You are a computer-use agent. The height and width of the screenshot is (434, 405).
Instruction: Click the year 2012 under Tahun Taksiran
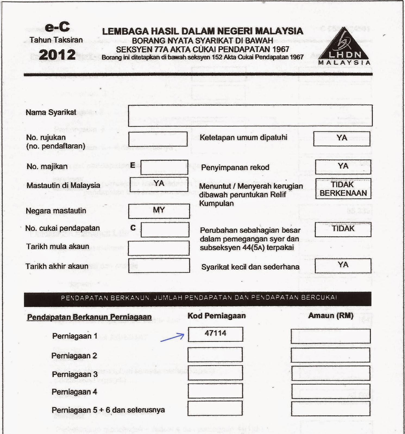57,55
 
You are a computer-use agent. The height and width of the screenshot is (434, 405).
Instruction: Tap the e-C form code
57,27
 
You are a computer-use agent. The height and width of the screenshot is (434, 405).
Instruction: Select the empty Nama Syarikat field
250,116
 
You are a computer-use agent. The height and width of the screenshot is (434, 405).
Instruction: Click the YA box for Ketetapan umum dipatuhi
342,139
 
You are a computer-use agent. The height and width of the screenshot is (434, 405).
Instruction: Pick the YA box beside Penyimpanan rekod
343,166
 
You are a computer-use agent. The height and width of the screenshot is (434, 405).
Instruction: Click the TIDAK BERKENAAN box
343,189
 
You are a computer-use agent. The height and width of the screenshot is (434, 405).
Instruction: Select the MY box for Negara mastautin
159,211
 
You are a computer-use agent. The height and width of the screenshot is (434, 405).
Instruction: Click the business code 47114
215,334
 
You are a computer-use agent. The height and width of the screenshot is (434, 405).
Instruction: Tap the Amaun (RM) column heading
331,315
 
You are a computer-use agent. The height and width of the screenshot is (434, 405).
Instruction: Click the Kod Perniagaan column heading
216,316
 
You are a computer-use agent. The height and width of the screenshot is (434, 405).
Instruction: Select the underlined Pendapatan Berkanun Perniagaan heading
89,317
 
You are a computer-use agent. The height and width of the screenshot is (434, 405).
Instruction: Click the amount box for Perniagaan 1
330,336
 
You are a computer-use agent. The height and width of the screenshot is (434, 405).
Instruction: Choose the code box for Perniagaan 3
215,373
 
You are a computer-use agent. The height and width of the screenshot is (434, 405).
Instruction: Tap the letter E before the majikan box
133,165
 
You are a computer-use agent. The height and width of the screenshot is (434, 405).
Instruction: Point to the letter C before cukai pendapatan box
133,228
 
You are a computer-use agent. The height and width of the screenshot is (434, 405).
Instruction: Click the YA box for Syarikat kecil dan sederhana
343,266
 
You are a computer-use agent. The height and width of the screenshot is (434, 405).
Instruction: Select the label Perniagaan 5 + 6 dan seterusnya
108,410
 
